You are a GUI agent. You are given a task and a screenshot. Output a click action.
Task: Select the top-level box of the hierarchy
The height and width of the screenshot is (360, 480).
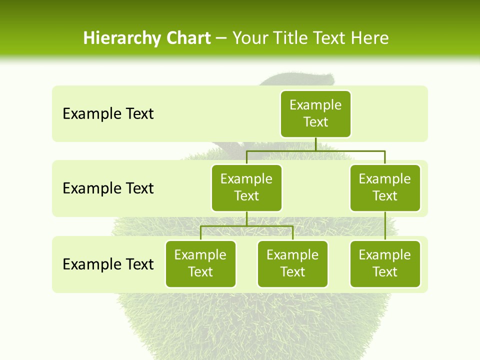pyautogui.click(x=315, y=113)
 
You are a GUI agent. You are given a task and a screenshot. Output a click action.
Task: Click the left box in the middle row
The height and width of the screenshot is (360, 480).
pyautogui.click(x=246, y=187)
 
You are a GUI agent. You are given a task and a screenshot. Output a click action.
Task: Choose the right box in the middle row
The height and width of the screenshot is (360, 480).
pyautogui.click(x=385, y=187)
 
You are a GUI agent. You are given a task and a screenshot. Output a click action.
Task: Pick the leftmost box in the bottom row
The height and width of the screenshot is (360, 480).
pyautogui.click(x=200, y=263)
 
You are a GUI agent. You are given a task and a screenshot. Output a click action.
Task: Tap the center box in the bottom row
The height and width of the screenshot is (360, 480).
pyautogui.click(x=292, y=263)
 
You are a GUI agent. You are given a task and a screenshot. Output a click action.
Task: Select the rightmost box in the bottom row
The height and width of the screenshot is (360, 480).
pyautogui.click(x=385, y=263)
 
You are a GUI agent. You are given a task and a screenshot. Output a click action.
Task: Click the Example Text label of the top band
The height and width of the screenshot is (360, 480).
pyautogui.click(x=108, y=114)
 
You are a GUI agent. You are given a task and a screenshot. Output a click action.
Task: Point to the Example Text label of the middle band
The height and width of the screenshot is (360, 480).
pyautogui.click(x=108, y=188)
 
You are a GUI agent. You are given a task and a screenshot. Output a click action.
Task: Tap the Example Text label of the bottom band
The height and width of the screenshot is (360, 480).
pyautogui.click(x=108, y=264)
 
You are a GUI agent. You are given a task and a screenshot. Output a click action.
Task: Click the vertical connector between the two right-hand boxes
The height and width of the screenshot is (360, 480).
pyautogui.click(x=385, y=226)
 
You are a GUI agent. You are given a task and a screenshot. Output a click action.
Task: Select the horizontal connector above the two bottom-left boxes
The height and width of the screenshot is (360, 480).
pyautogui.click(x=246, y=226)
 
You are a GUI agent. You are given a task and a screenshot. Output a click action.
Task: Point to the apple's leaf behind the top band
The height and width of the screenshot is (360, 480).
pyautogui.click(x=300, y=79)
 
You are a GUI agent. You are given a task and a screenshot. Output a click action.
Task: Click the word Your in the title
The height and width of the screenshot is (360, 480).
pyautogui.click(x=248, y=38)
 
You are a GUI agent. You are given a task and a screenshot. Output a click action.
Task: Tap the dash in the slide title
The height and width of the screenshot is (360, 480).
pyautogui.click(x=221, y=39)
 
